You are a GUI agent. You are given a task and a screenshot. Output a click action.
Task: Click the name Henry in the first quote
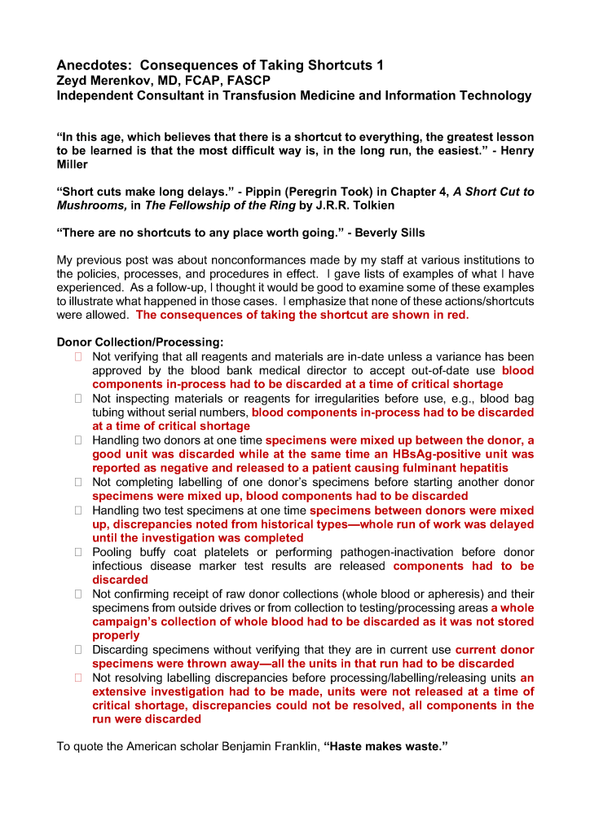point(515,151)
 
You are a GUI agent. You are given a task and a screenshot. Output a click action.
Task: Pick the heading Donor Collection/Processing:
point(140,342)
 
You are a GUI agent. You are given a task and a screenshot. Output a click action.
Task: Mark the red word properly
point(116,635)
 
